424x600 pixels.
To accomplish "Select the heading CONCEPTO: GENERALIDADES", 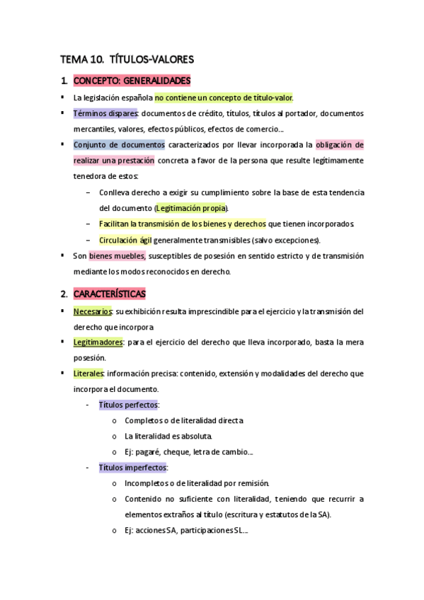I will point(132,81).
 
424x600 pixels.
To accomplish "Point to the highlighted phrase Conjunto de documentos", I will point(119,144).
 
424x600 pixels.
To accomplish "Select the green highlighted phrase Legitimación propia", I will point(191,208).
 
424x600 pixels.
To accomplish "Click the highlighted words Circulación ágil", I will point(126,240).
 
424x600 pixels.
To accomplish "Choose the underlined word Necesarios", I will point(92,311).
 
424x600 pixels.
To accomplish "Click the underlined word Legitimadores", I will point(98,342).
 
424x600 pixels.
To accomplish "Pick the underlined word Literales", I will point(88,373).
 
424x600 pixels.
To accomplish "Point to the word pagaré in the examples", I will point(151,451).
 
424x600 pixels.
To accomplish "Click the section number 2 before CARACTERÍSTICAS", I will point(64,293).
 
